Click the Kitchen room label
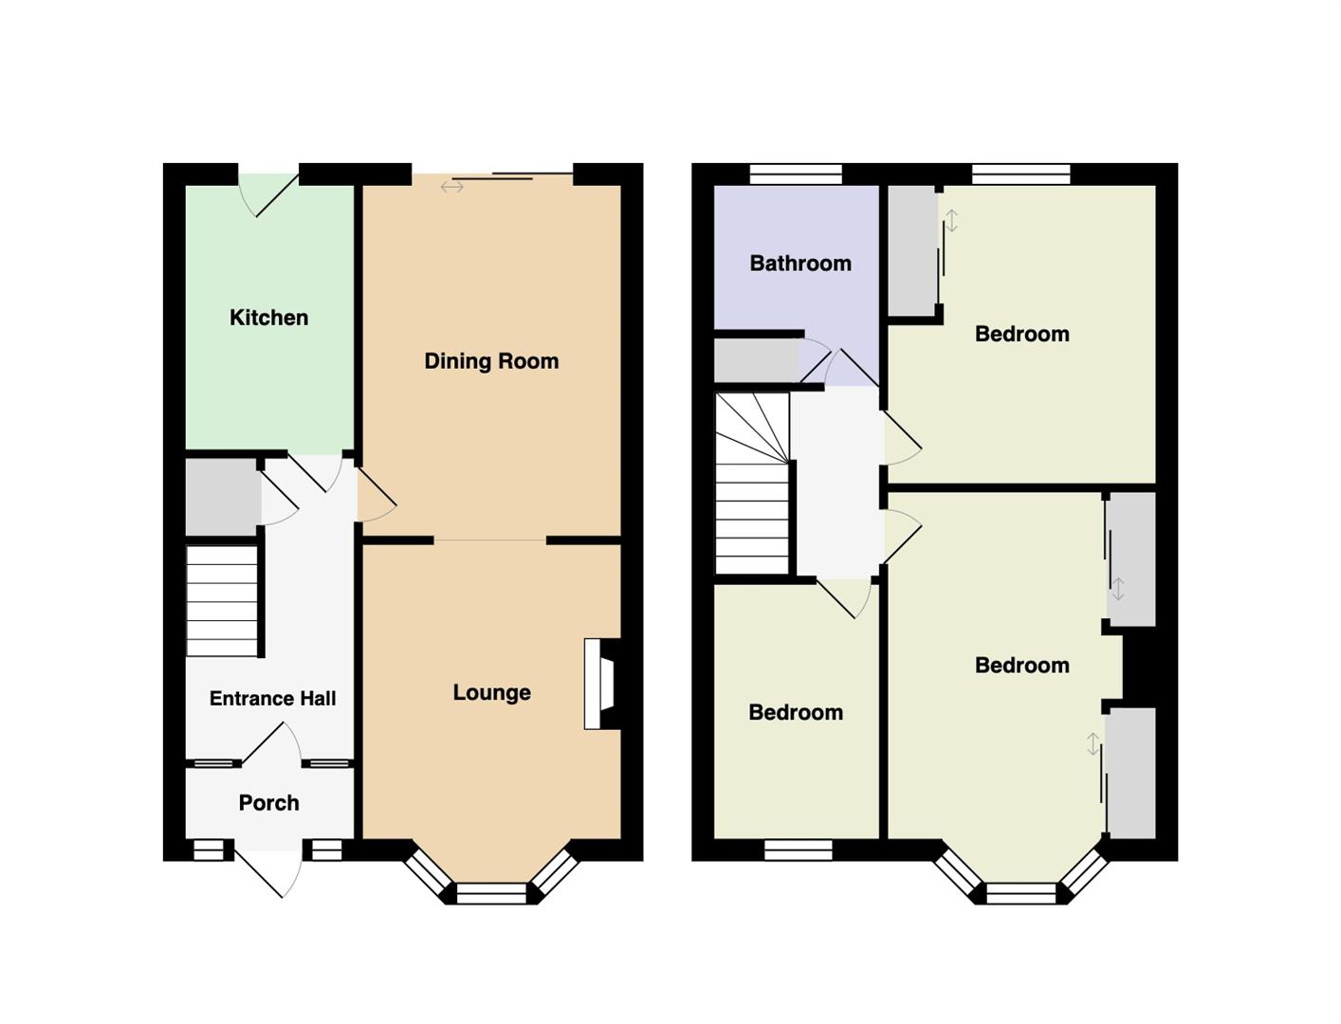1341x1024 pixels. click(x=268, y=318)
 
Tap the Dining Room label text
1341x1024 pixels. click(x=491, y=361)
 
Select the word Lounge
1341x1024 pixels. click(x=492, y=692)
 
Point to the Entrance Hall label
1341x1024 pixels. click(x=272, y=698)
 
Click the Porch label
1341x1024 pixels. click(x=268, y=802)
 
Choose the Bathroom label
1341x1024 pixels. click(x=800, y=264)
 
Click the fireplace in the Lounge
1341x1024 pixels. click(x=602, y=684)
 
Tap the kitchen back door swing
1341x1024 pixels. click(x=267, y=195)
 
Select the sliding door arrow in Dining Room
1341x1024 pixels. click(x=452, y=187)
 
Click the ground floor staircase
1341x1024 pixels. click(x=221, y=601)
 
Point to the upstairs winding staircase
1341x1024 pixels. click(x=752, y=483)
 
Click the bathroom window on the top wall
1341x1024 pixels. click(x=796, y=174)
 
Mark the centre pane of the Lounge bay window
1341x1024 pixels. click(x=491, y=893)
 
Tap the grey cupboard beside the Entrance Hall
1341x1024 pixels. click(x=222, y=497)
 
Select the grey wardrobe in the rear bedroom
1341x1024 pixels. click(x=912, y=250)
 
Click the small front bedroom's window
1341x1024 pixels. click(x=798, y=850)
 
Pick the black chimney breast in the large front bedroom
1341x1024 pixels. click(x=1139, y=667)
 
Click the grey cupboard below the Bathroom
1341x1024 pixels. click(x=757, y=361)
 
